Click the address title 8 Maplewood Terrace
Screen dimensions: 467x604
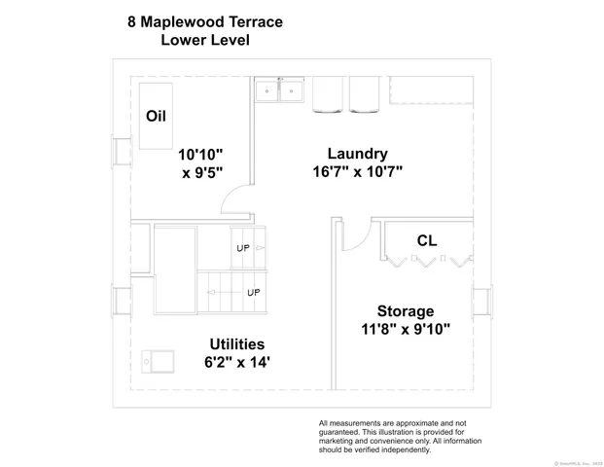[205, 20]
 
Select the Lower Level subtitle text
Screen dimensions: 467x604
[205, 41]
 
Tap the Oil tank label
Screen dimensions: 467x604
[156, 116]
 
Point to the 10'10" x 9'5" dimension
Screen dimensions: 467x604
[200, 164]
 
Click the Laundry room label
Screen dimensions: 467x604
[357, 154]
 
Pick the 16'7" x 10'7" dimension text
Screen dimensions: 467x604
[357, 171]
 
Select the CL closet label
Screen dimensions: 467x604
[426, 240]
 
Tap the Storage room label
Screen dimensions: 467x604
[406, 311]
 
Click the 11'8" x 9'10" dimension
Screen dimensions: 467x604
[405, 329]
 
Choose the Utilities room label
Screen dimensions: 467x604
[237, 344]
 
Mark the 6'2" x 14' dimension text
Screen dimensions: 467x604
[237, 362]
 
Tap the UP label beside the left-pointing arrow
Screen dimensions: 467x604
[253, 292]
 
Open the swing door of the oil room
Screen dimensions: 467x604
[235, 201]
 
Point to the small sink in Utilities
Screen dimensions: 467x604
[157, 362]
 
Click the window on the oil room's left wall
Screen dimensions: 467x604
[123, 152]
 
